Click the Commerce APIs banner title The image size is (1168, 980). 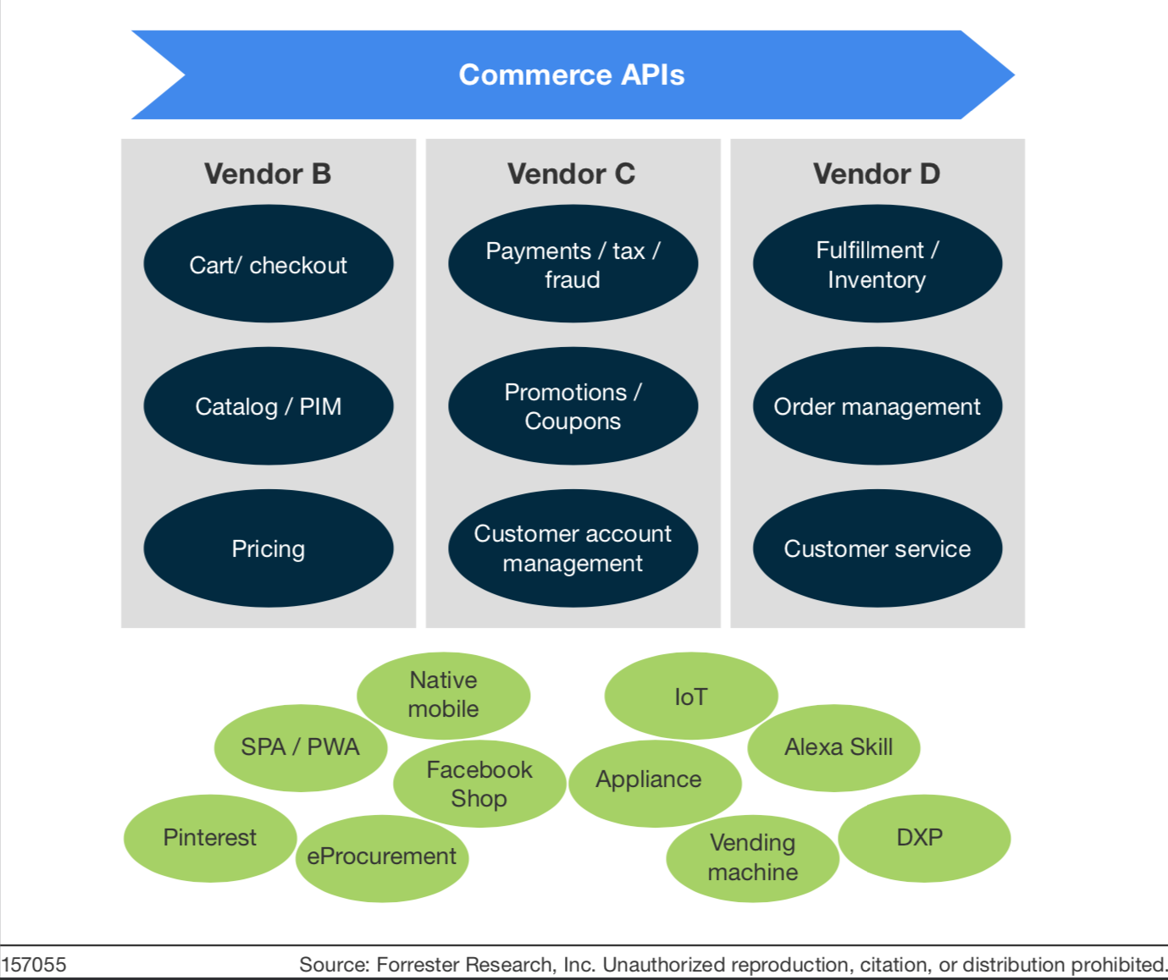click(572, 74)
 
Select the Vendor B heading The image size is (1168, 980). click(268, 173)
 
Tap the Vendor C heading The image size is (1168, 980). click(572, 173)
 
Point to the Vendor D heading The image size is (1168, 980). click(877, 173)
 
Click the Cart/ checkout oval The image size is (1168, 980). click(268, 265)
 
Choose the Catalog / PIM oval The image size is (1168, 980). click(268, 406)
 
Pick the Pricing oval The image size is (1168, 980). click(268, 548)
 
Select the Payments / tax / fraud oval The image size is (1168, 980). click(573, 265)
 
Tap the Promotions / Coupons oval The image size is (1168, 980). click(573, 406)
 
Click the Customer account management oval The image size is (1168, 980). click(573, 548)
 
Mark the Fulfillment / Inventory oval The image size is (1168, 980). click(877, 265)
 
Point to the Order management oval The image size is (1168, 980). click(877, 406)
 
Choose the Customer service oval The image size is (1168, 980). click(877, 548)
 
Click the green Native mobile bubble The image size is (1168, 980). click(443, 695)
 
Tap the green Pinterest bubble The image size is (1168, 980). click(210, 838)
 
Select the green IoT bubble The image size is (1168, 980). click(691, 696)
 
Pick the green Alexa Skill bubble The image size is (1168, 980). click(838, 747)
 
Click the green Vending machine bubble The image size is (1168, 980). click(753, 857)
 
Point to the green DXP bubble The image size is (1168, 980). click(922, 838)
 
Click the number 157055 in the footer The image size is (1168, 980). click(34, 965)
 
